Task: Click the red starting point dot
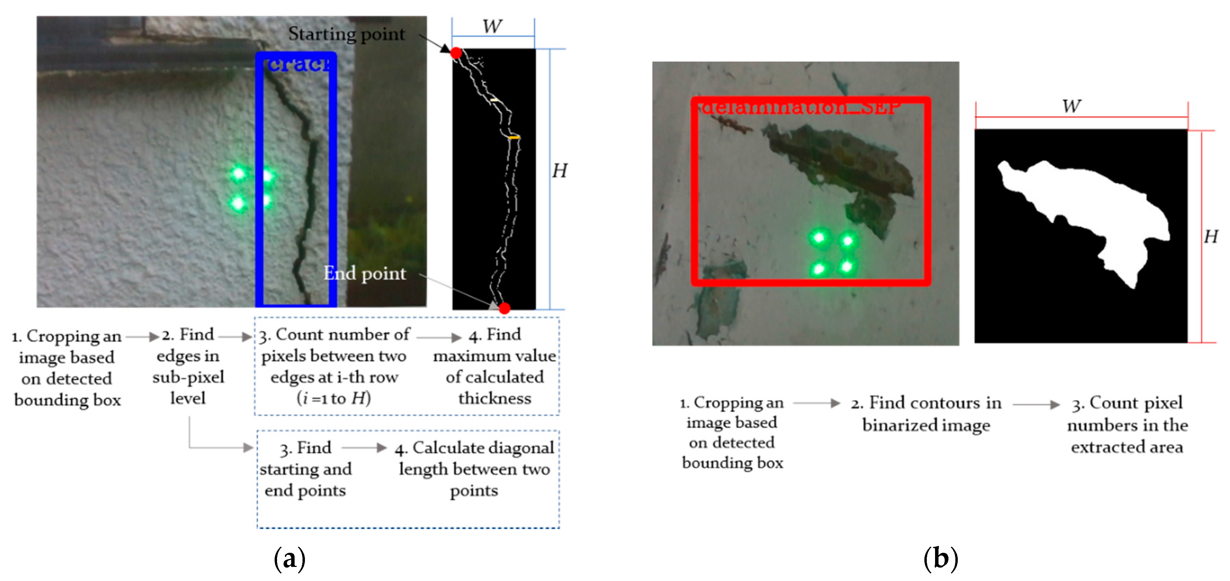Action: coord(456,53)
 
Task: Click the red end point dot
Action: coord(504,308)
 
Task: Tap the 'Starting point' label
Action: coord(346,34)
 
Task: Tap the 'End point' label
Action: coord(365,273)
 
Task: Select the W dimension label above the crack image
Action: coord(492,26)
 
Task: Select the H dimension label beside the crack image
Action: coord(559,170)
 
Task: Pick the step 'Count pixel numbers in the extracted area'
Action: coord(1127,424)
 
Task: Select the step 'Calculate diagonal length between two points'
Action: coord(474,469)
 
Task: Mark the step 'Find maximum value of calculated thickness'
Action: coord(495,366)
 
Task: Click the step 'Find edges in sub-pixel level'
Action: coord(188,366)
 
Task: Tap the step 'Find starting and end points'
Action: coord(306,469)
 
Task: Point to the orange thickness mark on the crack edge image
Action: coord(514,138)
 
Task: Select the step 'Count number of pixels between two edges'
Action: coord(334,366)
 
